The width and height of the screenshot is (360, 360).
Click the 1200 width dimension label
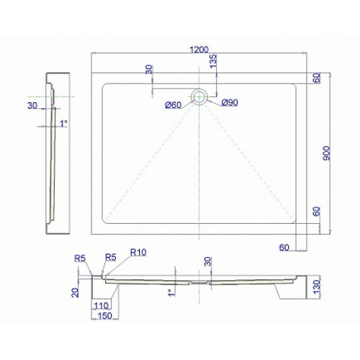(199, 50)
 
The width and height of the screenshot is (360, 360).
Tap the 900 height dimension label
(326, 153)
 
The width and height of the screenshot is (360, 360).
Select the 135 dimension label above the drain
(213, 61)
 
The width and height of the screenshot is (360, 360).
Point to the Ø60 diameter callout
(174, 105)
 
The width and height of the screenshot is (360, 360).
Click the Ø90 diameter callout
(230, 103)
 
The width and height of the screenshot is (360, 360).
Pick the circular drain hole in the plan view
(199, 96)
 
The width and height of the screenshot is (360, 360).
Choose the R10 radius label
(138, 252)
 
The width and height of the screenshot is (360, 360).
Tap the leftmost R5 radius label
(80, 258)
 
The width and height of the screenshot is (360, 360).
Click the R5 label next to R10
(111, 257)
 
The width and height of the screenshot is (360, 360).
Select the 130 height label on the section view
(317, 287)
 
